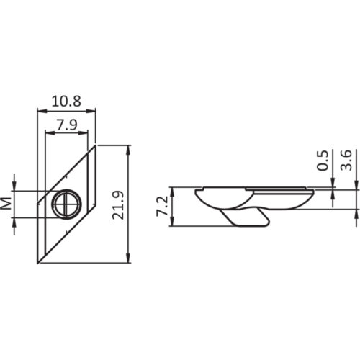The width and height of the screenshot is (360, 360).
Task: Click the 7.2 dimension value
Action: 162,207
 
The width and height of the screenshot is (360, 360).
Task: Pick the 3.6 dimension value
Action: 347,161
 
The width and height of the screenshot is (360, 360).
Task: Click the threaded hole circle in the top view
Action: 66,204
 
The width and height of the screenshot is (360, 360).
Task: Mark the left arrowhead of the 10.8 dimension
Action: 41,111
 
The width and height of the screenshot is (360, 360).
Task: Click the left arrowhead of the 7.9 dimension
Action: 48,133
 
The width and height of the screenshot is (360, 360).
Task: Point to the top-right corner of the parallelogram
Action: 96,146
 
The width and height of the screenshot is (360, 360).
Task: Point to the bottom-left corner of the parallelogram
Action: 37,263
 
